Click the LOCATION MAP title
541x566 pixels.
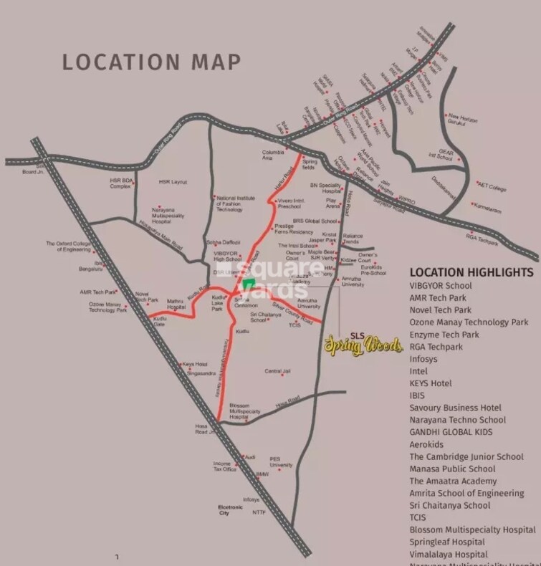pos(151,61)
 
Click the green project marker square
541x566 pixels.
pos(247,284)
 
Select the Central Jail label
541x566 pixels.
pos(277,371)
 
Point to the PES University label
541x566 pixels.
pos(281,462)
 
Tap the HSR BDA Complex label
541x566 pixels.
pos(121,184)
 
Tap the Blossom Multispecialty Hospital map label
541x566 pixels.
pos(244,411)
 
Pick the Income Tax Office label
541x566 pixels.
pos(224,466)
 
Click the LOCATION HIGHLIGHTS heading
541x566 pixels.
pos(471,273)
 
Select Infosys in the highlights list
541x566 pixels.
pos(429,359)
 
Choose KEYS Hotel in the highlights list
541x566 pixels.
pos(431,383)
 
